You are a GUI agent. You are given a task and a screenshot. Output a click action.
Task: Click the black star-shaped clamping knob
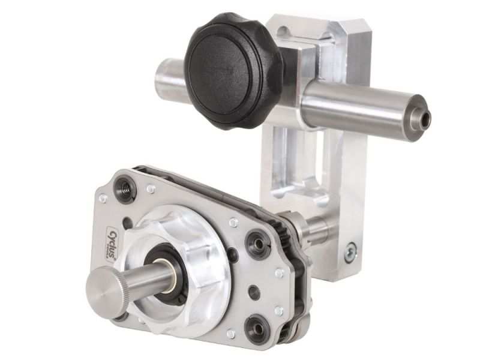[232, 70]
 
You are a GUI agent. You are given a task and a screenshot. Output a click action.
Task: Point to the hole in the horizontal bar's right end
[425, 119]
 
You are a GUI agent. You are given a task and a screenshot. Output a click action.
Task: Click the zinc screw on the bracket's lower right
[350, 253]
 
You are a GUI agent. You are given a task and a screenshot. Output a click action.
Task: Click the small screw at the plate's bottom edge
[230, 334]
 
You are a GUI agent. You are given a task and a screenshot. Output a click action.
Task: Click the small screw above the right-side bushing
[233, 223]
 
